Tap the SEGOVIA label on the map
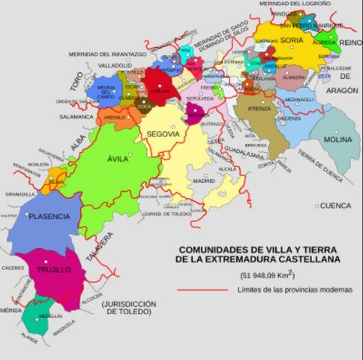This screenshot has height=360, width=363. tap(163, 133)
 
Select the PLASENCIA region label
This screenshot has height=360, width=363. tap(49, 216)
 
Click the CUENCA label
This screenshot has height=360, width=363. tap(335, 205)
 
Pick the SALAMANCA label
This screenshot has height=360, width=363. tap(77, 117)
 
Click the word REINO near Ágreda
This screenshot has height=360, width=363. tap(349, 44)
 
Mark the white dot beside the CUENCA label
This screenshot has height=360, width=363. tap(317, 205)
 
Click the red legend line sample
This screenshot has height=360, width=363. tap(202, 289)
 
